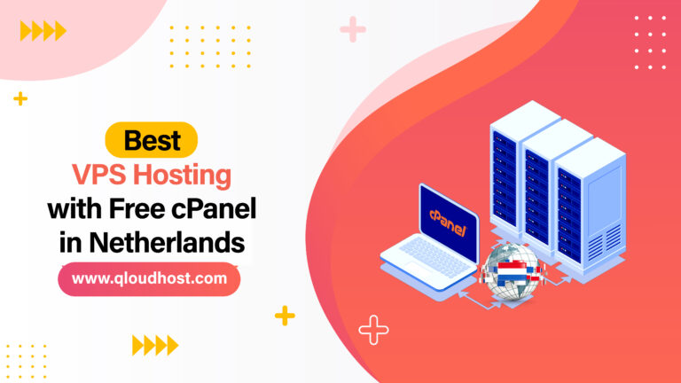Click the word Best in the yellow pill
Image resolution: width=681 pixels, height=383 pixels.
152,140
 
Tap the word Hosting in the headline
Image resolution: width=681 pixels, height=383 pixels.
192,174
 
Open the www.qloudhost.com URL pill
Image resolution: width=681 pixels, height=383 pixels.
149,278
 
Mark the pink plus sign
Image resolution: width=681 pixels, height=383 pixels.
353,30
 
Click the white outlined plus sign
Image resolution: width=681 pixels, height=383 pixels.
373,331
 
